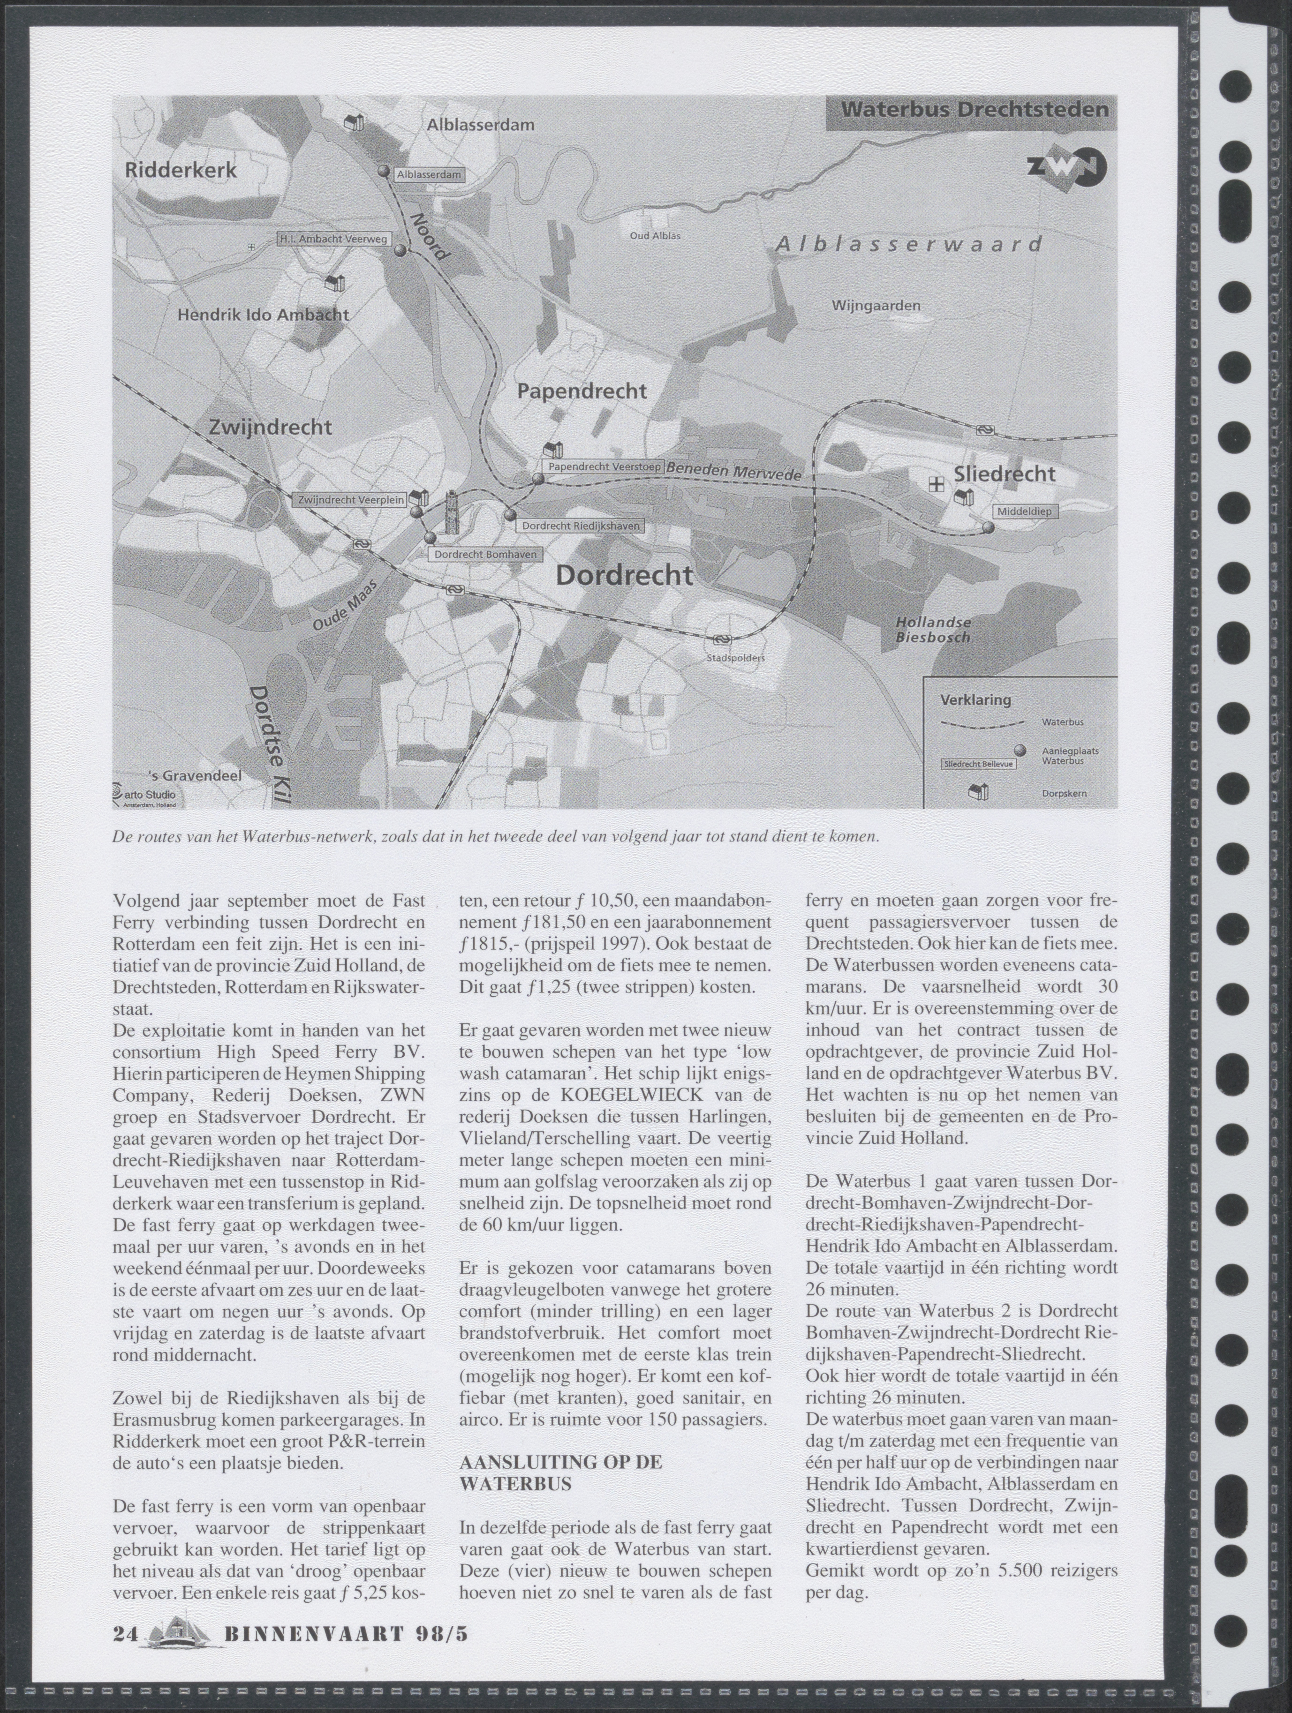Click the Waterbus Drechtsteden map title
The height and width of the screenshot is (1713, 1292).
(975, 110)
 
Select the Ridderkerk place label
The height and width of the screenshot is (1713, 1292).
(181, 170)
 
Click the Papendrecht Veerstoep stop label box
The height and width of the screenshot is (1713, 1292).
(604, 467)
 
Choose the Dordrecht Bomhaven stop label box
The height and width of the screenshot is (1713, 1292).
(485, 555)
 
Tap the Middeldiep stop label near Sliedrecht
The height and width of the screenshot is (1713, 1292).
(1024, 512)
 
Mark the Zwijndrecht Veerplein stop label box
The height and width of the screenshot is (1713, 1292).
(351, 500)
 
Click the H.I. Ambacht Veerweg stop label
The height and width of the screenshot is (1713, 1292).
(332, 239)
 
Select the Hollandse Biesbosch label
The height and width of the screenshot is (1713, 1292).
(933, 631)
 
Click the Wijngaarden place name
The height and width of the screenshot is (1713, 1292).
(876, 306)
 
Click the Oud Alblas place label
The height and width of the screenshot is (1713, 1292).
(655, 235)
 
